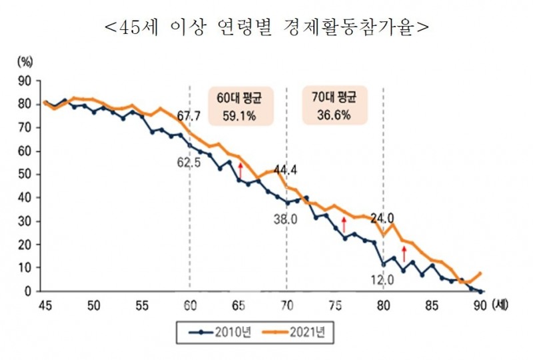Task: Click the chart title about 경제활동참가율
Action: [x=266, y=28]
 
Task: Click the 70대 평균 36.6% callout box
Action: [x=334, y=105]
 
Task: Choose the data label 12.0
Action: [x=383, y=281]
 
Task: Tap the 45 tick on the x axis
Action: [x=45, y=305]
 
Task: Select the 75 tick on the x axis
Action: [x=335, y=305]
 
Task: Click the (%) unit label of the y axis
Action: [x=25, y=63]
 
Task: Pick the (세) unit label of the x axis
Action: [x=498, y=305]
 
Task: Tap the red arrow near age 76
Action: [x=344, y=225]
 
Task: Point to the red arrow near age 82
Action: [x=402, y=253]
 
